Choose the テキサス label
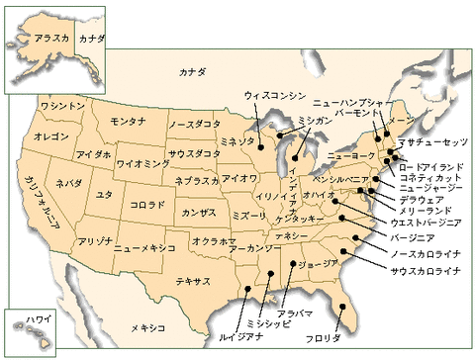pyautogui.click(x=193, y=281)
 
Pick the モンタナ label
pyautogui.click(x=129, y=121)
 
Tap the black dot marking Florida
pyautogui.click(x=338, y=307)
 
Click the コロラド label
pyautogui.click(x=146, y=205)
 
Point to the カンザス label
pyautogui.click(x=198, y=213)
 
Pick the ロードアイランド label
pyautogui.click(x=432, y=167)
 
